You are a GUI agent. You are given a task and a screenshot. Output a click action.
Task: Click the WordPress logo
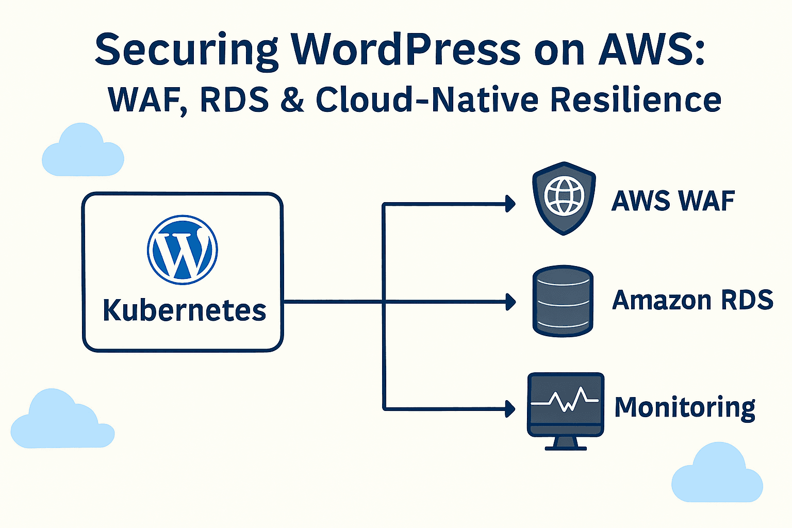click(x=183, y=250)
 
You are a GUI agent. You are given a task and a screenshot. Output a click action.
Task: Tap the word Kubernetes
click(x=185, y=310)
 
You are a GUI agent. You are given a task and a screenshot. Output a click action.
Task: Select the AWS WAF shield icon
click(x=564, y=198)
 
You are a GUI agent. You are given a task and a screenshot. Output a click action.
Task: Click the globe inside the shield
click(x=564, y=196)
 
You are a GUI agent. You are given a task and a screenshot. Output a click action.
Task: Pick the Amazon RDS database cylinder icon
click(x=563, y=301)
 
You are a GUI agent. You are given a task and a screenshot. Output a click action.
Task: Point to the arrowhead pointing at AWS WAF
click(x=510, y=204)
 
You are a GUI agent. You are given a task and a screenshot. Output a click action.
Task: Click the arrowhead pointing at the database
click(x=510, y=302)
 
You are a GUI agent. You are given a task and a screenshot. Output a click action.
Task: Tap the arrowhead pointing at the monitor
click(x=510, y=409)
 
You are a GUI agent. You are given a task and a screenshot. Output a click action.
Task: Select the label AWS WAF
click(x=673, y=201)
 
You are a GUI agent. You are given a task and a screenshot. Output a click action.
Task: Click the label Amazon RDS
click(x=692, y=300)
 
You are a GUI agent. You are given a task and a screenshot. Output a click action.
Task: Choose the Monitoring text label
click(x=685, y=408)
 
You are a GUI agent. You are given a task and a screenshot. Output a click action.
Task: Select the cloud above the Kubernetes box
click(x=82, y=152)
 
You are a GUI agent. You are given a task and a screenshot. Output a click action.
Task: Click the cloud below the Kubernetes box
click(x=62, y=420)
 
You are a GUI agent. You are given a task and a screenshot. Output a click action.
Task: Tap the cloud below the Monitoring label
click(x=717, y=474)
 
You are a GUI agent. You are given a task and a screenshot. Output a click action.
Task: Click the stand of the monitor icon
click(x=566, y=443)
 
